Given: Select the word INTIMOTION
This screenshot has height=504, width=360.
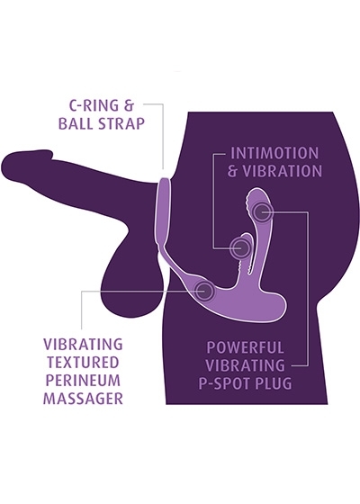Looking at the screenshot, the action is pos(274,153).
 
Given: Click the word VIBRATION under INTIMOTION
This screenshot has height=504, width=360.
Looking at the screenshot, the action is pos(282,171).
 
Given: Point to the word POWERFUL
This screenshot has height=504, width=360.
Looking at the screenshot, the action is pos(245,347).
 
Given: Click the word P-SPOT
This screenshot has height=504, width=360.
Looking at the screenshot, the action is pos(224,383).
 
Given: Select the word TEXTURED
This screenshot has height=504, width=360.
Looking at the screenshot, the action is pos(83,362).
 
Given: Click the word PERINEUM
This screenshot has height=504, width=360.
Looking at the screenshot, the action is pos(83,380).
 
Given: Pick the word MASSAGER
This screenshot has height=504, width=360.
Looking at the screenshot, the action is pos(83,399).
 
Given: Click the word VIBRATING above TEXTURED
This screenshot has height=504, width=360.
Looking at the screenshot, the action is pos(83,344).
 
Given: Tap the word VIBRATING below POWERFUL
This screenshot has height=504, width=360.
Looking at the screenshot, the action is pos(245,365).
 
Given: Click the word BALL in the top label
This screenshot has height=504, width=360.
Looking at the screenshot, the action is pos(76,123).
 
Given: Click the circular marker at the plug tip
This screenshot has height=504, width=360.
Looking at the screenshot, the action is pos(262,211).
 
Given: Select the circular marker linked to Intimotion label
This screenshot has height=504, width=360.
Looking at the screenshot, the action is pos(240,247).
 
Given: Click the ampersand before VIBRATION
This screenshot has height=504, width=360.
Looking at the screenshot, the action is pos(233,171).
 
